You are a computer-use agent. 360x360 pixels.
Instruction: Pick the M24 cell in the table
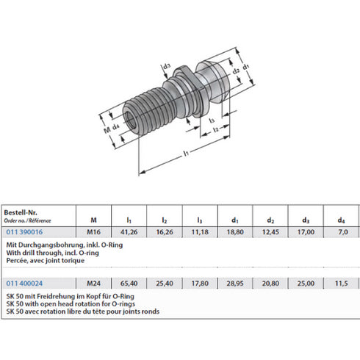pos(93,281)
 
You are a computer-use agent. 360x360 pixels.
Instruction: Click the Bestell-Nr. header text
pos(21,211)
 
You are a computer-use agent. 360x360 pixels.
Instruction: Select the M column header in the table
pos(93,218)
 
